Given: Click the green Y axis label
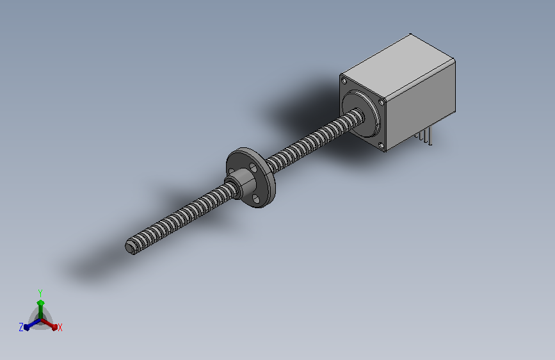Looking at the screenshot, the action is (40, 293).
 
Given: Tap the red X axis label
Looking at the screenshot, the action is (60, 327).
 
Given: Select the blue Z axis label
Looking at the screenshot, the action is (21, 327).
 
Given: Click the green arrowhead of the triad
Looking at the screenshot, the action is (41, 303).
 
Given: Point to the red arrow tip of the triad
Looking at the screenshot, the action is (54, 327).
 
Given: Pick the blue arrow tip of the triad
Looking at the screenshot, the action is (27, 328).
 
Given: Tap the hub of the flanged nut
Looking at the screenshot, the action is (243, 184).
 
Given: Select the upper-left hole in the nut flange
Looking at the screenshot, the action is (232, 172).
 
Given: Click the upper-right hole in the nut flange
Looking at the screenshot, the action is (253, 167).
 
